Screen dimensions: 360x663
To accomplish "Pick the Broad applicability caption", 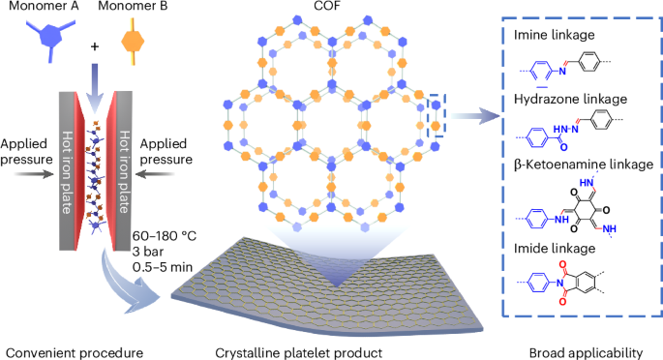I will tap(578, 348).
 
